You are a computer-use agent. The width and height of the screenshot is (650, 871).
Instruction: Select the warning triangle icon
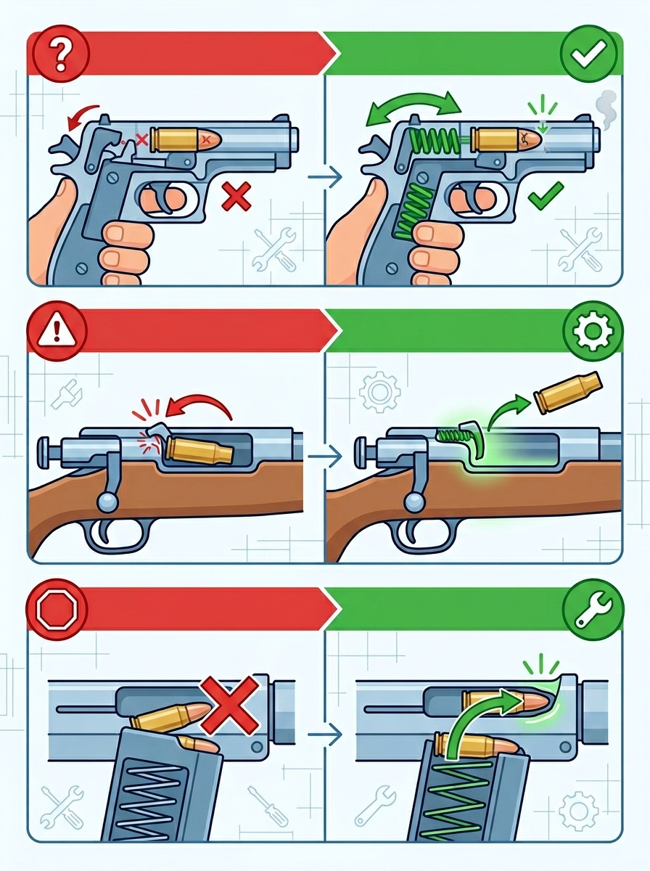pyautogui.click(x=57, y=332)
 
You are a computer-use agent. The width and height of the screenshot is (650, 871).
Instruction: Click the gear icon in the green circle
pyautogui.click(x=593, y=332)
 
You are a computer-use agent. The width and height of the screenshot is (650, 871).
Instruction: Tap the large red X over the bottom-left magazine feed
pyautogui.click(x=229, y=705)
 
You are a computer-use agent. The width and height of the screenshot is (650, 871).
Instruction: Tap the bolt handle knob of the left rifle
pyautogui.click(x=107, y=502)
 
